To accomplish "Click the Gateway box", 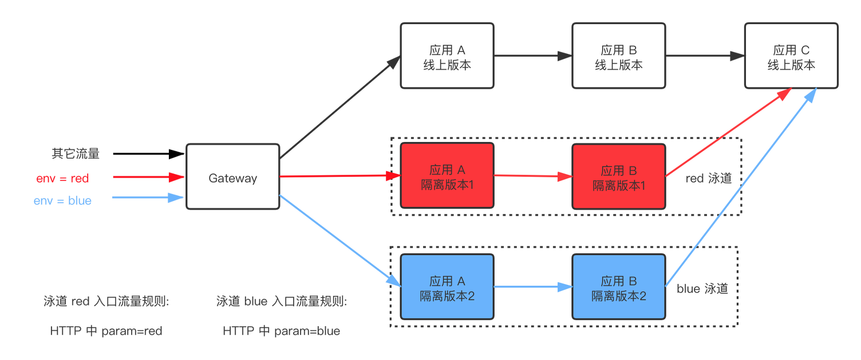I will [232, 177].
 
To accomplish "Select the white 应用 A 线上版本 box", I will [447, 56].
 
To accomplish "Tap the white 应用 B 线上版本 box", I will [619, 56].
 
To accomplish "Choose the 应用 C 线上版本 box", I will [791, 56].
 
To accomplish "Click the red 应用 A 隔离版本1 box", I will [447, 176].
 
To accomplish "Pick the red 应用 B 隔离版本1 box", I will [619, 176].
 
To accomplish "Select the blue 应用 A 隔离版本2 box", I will [447, 287].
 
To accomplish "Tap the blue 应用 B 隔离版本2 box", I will [619, 287].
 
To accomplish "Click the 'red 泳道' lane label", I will [709, 179].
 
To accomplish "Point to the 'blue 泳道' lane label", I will [702, 289].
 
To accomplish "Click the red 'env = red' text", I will [63, 179].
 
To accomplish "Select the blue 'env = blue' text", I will [63, 201].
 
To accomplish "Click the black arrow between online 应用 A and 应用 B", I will [532, 56].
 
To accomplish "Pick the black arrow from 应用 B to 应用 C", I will [705, 56].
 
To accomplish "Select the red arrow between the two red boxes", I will [532, 176].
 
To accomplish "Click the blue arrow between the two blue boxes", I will [532, 287].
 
